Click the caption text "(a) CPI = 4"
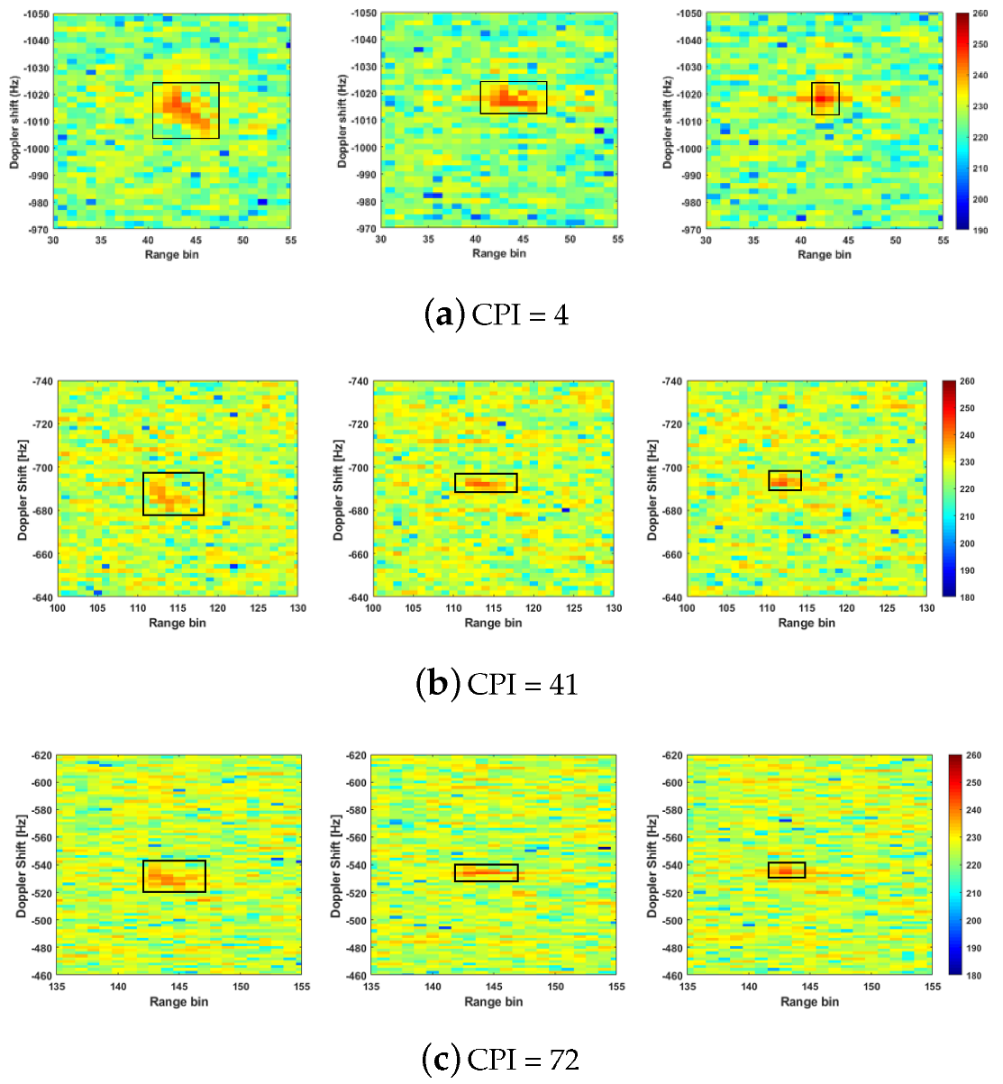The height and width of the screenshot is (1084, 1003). pos(496,314)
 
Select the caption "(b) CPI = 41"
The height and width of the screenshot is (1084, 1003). pos(496,684)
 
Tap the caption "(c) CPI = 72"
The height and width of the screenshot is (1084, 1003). pos(500,1059)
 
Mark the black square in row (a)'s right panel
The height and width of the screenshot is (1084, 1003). pos(825,99)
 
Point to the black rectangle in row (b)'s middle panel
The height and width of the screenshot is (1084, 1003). pos(486,483)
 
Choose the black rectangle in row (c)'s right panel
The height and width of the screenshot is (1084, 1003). pos(787,870)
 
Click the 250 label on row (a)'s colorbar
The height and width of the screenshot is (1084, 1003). pos(980,45)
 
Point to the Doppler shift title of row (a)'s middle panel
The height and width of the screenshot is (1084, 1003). pos(342,122)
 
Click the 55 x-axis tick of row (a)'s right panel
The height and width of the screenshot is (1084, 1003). pos(943,241)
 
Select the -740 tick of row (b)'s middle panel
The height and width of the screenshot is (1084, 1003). pos(358,382)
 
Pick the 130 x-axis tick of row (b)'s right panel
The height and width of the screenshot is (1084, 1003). pos(926,608)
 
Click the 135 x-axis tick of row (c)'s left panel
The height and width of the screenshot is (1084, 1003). pos(57,987)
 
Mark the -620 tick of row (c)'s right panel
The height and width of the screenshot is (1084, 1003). pos(671,755)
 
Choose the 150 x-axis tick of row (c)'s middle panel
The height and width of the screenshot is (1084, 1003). pos(556,987)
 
